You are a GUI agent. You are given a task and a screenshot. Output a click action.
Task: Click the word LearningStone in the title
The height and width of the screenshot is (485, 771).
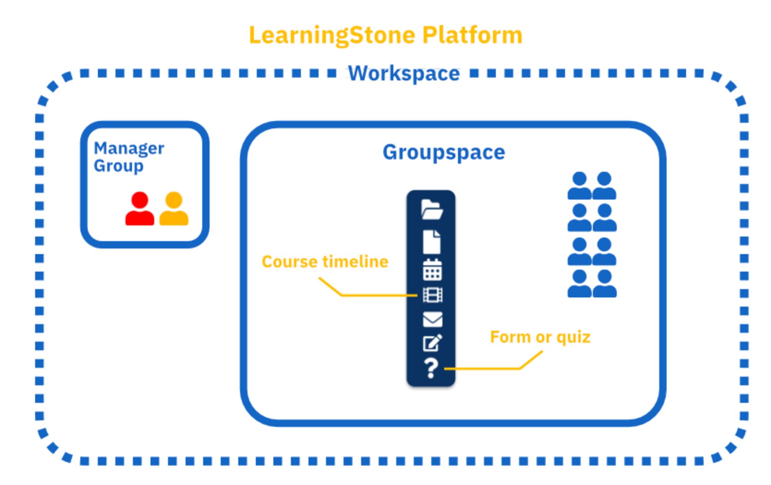pyautogui.click(x=332, y=35)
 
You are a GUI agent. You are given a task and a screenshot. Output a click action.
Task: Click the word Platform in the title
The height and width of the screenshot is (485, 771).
pyautogui.click(x=472, y=35)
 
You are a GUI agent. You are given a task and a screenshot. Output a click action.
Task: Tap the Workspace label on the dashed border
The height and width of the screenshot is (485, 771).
pyautogui.click(x=404, y=73)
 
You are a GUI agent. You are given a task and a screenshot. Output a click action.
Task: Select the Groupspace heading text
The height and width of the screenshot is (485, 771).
pyautogui.click(x=443, y=152)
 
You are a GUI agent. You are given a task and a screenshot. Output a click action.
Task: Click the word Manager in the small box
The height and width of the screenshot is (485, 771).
pyautogui.click(x=129, y=148)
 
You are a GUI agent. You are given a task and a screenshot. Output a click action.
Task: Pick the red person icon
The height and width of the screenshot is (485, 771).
pyautogui.click(x=140, y=209)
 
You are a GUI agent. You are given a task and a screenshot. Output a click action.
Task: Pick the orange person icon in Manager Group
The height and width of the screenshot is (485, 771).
pyautogui.click(x=174, y=209)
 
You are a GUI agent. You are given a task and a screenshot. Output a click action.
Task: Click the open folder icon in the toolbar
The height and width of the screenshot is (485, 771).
pyautogui.click(x=431, y=210)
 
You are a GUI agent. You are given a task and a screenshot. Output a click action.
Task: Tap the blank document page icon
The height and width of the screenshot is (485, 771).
pyautogui.click(x=431, y=242)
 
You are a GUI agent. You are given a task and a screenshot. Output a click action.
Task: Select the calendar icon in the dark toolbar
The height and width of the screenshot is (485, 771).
pyautogui.click(x=432, y=269)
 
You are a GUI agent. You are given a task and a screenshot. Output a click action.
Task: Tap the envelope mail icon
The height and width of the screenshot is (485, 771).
pyautogui.click(x=432, y=319)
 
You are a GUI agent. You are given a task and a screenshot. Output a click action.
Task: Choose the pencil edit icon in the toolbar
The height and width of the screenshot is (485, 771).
pyautogui.click(x=432, y=343)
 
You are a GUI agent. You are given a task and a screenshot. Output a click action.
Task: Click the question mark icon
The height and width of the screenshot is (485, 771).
pyautogui.click(x=431, y=368)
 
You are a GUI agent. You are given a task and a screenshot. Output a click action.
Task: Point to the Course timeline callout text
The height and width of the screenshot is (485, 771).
pyautogui.click(x=325, y=262)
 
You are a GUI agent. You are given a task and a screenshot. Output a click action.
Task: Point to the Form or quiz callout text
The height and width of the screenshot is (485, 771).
pyautogui.click(x=540, y=337)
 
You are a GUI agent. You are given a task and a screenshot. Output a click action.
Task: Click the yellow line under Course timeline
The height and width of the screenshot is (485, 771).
pyautogui.click(x=378, y=296)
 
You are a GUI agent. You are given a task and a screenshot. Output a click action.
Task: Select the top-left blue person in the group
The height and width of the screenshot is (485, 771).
pyautogui.click(x=579, y=185)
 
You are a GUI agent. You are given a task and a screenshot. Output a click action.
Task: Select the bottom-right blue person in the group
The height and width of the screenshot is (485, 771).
pyautogui.click(x=604, y=284)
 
